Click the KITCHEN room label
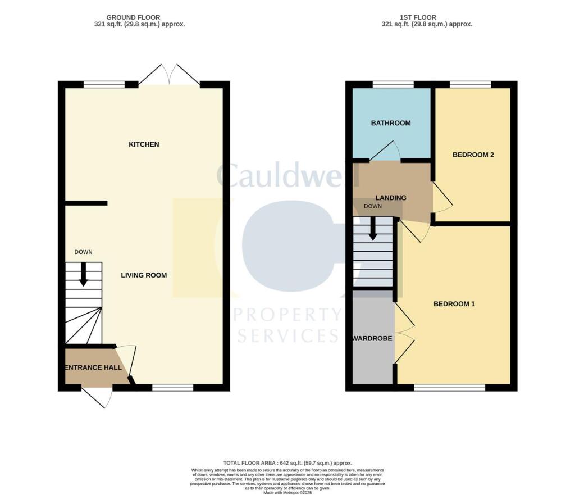pyautogui.click(x=144, y=144)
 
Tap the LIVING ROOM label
pyautogui.click(x=144, y=275)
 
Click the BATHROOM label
pyautogui.click(x=391, y=123)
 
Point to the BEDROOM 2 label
pyautogui.click(x=473, y=155)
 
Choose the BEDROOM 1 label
pyautogui.click(x=454, y=304)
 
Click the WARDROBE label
pyautogui.click(x=372, y=339)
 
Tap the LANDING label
pyautogui.click(x=391, y=198)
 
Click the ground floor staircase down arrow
pyautogui.click(x=84, y=275)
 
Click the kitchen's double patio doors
pyautogui.click(x=169, y=76)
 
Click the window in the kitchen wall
pyautogui.click(x=104, y=85)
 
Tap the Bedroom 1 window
pyautogui.click(x=449, y=388)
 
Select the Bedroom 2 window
pyautogui.click(x=470, y=85)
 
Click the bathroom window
pyautogui.click(x=393, y=85)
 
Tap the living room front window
pyautogui.click(x=173, y=388)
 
